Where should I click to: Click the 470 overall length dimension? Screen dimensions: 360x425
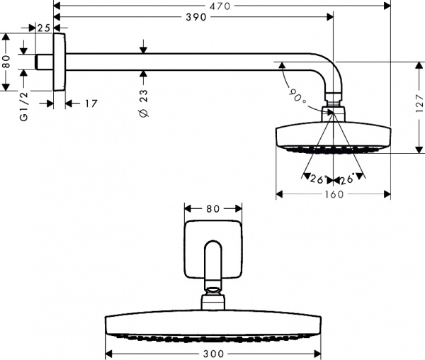(221, 6)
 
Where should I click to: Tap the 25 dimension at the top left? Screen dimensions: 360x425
(43, 28)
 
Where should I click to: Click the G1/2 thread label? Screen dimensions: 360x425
(24, 108)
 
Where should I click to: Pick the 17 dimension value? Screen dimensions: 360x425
(90, 103)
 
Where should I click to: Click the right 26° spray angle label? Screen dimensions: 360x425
(346, 180)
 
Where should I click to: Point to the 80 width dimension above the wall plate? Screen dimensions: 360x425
(213, 208)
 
